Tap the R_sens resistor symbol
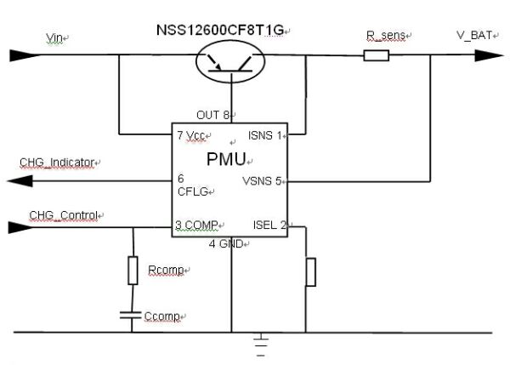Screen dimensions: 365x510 pyautogui.click(x=376, y=56)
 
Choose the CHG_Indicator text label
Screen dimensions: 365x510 pyautogui.click(x=57, y=162)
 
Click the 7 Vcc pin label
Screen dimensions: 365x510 pyautogui.click(x=193, y=135)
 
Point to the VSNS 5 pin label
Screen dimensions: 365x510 pyautogui.click(x=265, y=180)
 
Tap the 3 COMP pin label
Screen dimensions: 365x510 pyautogui.click(x=197, y=225)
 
